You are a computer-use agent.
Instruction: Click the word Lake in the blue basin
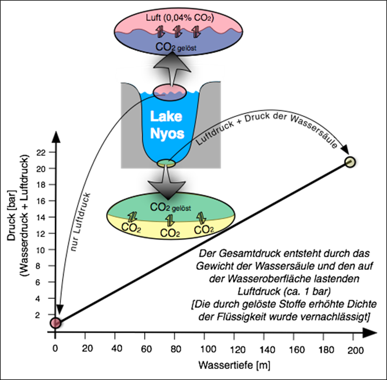click(x=166, y=116)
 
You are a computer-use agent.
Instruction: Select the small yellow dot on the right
click(x=349, y=162)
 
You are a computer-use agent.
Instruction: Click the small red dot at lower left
click(x=56, y=323)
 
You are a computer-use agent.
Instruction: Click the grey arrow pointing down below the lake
click(x=166, y=184)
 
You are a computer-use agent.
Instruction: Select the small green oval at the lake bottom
click(x=166, y=163)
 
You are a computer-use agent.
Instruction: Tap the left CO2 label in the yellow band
click(x=131, y=228)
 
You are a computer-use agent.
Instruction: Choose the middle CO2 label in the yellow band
click(x=170, y=233)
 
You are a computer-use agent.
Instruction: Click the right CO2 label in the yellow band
click(x=204, y=229)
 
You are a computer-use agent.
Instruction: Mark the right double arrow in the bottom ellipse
click(x=201, y=217)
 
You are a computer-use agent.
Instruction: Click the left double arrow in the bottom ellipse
click(x=133, y=217)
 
